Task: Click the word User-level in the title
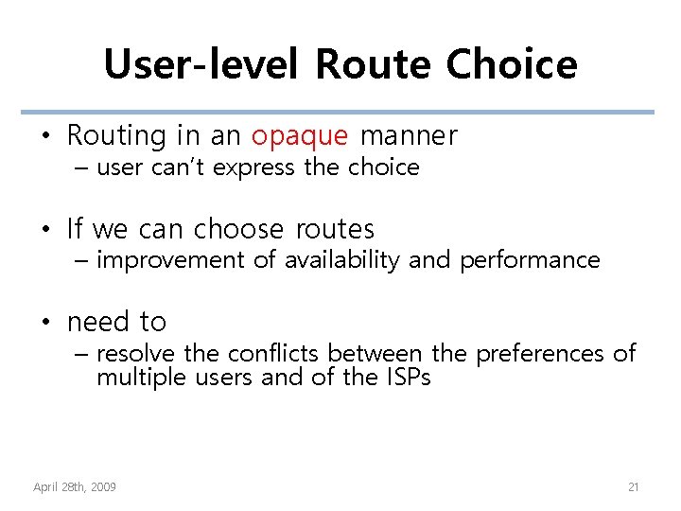[203, 64]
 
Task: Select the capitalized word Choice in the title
[511, 64]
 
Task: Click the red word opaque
[300, 136]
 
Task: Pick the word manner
[409, 135]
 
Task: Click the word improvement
[171, 260]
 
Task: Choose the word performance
[530, 260]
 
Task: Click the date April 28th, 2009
[75, 487]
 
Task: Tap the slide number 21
[634, 487]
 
